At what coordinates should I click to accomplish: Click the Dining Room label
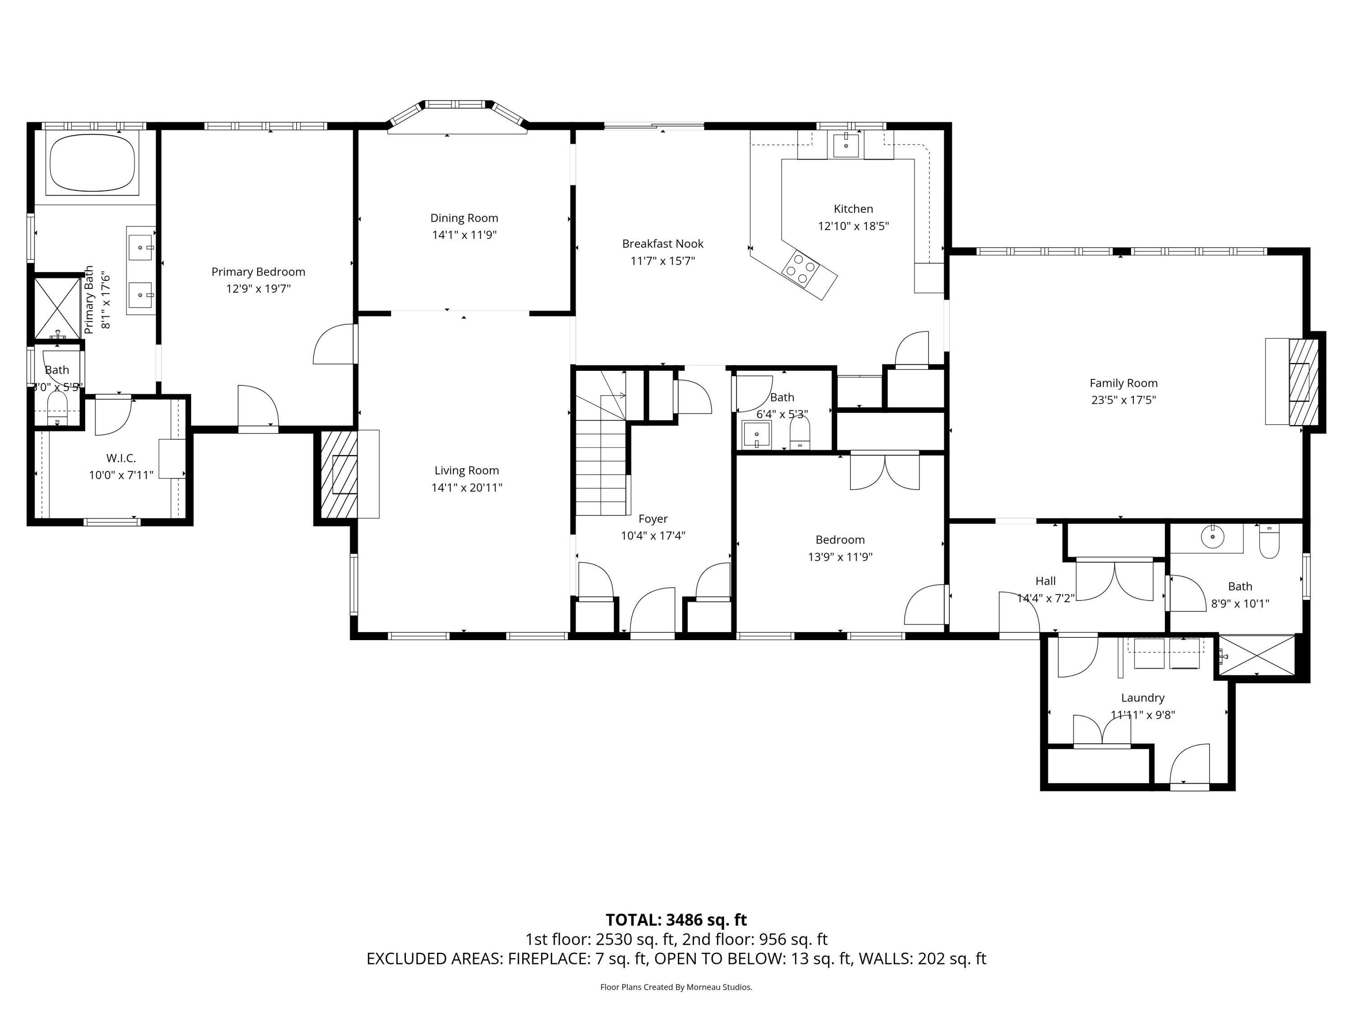pos(464,218)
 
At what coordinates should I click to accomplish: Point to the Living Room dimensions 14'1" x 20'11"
pos(467,488)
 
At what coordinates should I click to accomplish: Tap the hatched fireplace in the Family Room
pos(1303,382)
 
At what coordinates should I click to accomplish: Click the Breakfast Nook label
pos(663,244)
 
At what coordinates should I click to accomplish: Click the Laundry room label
pos(1142,697)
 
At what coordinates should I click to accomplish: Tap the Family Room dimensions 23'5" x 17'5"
pos(1123,400)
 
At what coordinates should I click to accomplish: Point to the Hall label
pos(1045,581)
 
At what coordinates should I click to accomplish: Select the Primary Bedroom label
pos(258,272)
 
